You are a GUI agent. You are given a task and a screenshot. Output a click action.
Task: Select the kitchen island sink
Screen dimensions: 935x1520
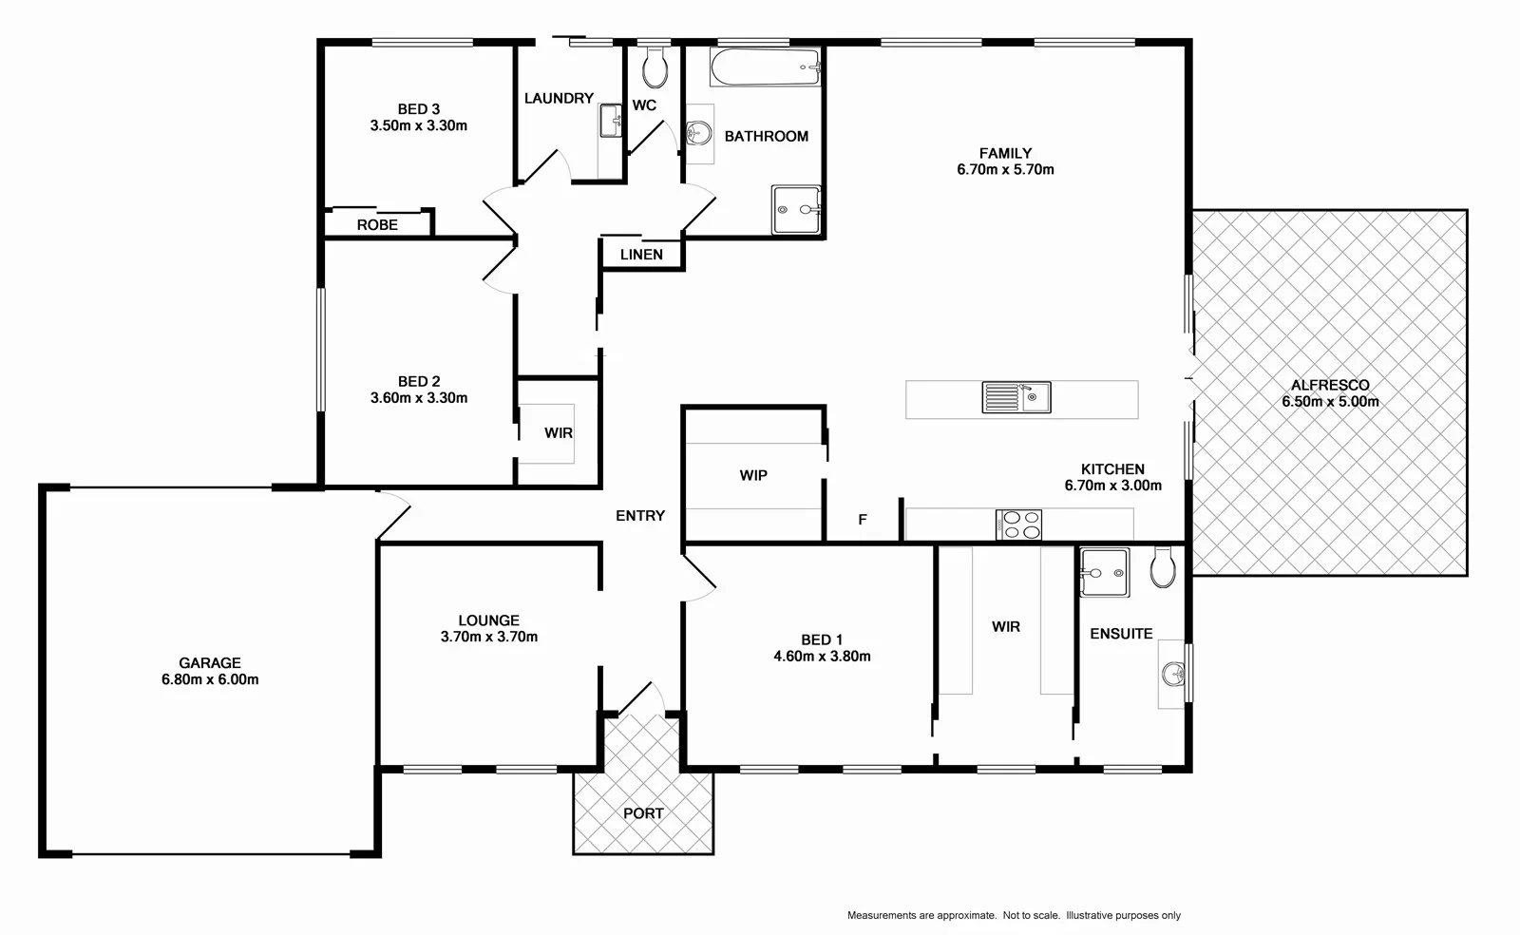pos(1016,397)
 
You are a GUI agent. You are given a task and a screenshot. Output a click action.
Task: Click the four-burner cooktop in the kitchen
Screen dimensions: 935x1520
pos(1018,525)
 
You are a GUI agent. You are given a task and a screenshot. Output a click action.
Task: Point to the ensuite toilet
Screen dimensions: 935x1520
pos(1163,567)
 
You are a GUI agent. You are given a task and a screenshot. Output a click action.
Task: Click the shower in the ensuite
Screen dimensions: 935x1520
pos(1105,572)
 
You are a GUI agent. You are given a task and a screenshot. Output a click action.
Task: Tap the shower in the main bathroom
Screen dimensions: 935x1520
pos(795,209)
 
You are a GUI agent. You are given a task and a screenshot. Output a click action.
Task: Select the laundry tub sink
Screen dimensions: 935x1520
pos(610,122)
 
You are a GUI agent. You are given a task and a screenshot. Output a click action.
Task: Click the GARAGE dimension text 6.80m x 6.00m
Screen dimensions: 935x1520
pos(210,679)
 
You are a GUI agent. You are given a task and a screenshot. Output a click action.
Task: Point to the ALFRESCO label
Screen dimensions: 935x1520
pos(1330,385)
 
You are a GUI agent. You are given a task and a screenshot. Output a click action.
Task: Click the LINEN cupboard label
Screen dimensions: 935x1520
pos(641,255)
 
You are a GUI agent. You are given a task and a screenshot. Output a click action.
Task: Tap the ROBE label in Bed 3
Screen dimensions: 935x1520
pos(377,225)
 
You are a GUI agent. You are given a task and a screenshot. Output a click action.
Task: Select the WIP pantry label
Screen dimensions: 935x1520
pos(753,475)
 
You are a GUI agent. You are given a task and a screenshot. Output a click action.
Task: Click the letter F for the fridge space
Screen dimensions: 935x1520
pos(863,520)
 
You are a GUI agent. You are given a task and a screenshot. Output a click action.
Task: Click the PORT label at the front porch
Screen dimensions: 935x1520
pos(643,813)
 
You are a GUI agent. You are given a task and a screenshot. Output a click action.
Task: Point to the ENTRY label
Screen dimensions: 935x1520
pos(640,515)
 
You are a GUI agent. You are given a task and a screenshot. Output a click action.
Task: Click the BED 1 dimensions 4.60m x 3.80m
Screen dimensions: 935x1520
pos(822,656)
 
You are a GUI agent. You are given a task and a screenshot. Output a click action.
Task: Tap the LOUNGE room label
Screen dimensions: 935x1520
pos(488,620)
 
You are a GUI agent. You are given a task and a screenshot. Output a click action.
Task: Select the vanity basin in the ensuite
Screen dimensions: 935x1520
pos(1173,675)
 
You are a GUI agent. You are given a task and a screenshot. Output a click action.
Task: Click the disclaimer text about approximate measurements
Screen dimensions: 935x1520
pos(1014,915)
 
